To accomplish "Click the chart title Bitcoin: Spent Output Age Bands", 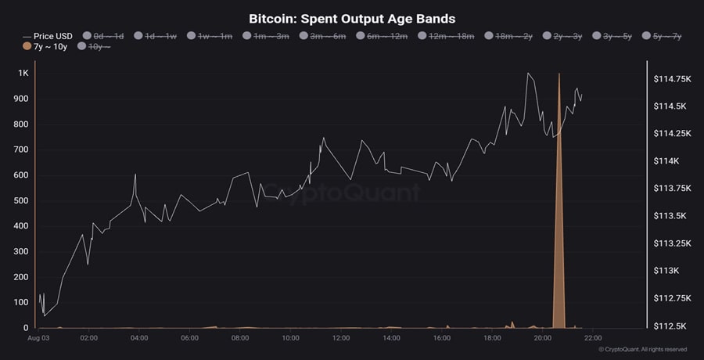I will (351, 18).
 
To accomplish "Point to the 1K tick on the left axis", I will (23, 74).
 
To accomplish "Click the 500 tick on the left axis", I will (21, 200).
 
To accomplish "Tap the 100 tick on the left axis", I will (21, 302).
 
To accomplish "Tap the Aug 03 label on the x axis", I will (38, 338).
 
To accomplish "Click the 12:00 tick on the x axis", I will (341, 338).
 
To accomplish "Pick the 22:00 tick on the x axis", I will (592, 338).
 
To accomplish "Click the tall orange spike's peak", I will (559, 75).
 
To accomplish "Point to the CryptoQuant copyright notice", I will (642, 350).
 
